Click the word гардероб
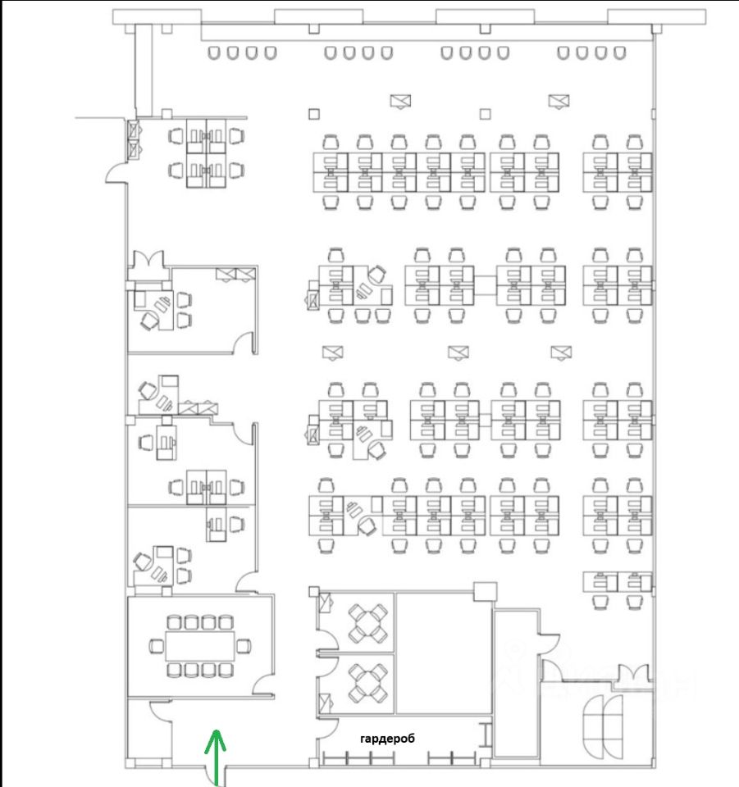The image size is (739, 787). point(387,739)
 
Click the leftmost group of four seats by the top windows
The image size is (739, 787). point(242,53)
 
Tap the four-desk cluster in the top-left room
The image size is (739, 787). point(205,151)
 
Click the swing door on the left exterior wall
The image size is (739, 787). point(116,173)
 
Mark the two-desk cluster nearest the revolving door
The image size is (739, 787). point(617,582)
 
